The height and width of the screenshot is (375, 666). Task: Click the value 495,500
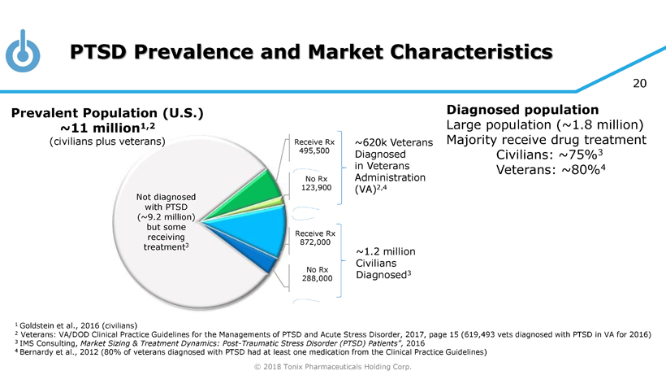tap(314, 150)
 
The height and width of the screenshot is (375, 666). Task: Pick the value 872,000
tap(315, 242)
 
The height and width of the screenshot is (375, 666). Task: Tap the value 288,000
tap(315, 278)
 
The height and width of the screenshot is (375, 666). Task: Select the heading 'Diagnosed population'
tap(523, 109)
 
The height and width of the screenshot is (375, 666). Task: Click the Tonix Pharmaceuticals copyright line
tap(333, 367)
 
